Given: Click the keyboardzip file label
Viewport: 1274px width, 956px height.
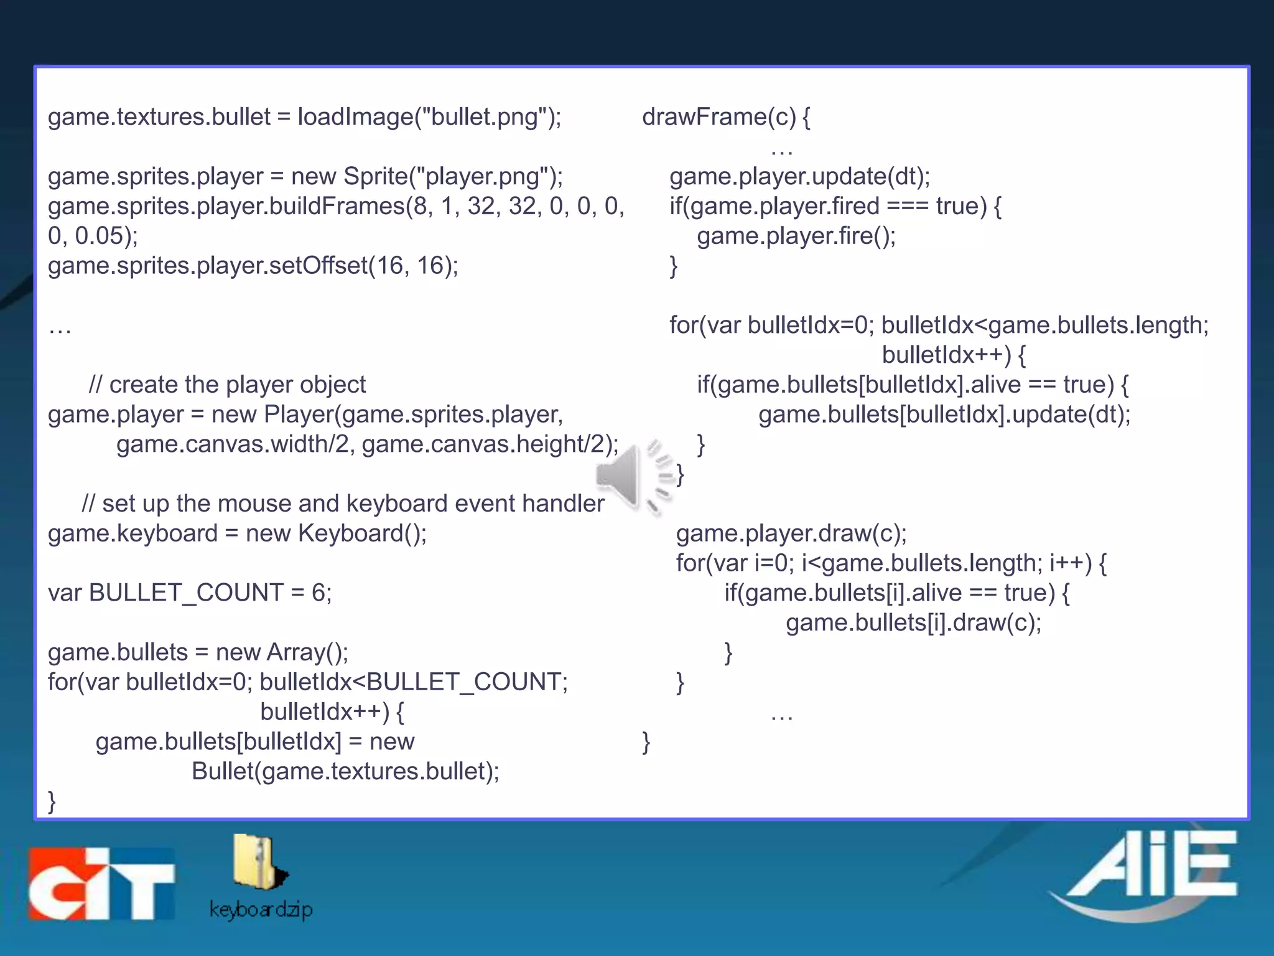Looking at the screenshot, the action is pos(261,909).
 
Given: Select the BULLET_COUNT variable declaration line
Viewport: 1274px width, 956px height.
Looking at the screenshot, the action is pos(190,592).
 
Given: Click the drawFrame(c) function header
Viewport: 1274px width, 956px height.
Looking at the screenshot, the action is pos(725,117).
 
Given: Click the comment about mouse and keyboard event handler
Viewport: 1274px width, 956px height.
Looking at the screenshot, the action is pos(343,503).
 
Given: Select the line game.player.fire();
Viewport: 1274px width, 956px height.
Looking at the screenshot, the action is pos(796,236).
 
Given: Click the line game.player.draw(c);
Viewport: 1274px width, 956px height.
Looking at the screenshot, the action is pos(791,533).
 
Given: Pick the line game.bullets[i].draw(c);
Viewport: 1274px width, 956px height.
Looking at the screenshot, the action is pos(913,622).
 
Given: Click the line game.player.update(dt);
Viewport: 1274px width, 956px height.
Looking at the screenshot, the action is pos(799,176).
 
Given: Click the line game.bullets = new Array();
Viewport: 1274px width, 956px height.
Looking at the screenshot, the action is pos(198,652).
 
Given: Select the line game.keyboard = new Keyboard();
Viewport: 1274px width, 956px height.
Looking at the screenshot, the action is pos(237,533).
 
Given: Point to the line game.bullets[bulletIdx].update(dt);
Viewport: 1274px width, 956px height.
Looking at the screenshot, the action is pos(944,414).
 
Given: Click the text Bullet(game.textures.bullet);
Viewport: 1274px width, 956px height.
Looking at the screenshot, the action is pos(345,771).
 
